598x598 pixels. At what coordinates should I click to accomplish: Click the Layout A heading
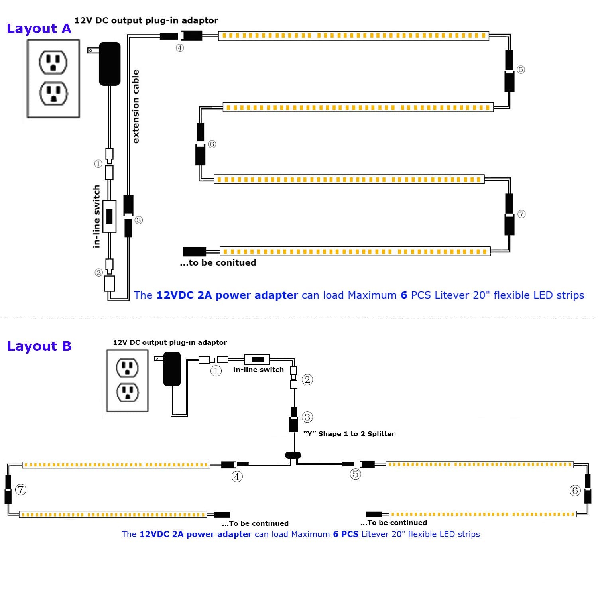[39, 29]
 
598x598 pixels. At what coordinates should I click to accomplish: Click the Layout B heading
[39, 346]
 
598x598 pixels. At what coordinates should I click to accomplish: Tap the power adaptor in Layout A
[109, 63]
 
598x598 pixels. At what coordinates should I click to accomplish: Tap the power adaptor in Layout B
[172, 369]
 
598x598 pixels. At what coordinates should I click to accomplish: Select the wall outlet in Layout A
[53, 79]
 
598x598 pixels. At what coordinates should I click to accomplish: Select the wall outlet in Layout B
[127, 380]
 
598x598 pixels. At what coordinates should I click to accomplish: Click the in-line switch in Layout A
[109, 216]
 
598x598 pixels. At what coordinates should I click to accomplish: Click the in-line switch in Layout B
[257, 360]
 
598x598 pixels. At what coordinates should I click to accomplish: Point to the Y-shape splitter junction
[293, 455]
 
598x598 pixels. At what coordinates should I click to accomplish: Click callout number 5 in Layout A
[521, 69]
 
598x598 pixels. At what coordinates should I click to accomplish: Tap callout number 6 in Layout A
[212, 144]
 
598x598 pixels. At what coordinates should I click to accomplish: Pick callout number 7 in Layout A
[521, 214]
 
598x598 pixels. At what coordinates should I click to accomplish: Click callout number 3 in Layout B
[307, 417]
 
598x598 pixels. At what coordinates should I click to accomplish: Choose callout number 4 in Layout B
[237, 476]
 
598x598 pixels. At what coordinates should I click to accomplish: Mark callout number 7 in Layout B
[21, 489]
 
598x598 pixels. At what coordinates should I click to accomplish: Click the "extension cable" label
[136, 106]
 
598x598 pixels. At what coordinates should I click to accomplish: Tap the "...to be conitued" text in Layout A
[218, 263]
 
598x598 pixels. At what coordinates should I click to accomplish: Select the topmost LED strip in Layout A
[353, 36]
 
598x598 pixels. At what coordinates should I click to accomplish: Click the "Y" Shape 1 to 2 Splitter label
[349, 434]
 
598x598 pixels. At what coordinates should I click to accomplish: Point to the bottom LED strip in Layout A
[355, 251]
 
